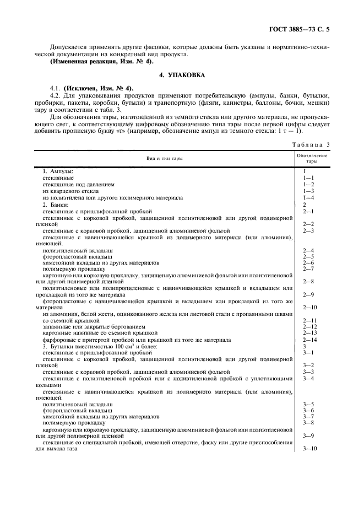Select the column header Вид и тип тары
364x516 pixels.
[x=165, y=159]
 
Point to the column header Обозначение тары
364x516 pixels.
[x=312, y=159]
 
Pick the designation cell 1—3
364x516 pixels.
[x=308, y=190]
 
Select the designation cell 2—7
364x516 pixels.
[x=308, y=269]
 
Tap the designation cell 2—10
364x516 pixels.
[x=310, y=307]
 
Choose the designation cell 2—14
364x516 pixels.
[x=310, y=340]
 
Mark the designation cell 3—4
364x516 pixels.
[x=308, y=379]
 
